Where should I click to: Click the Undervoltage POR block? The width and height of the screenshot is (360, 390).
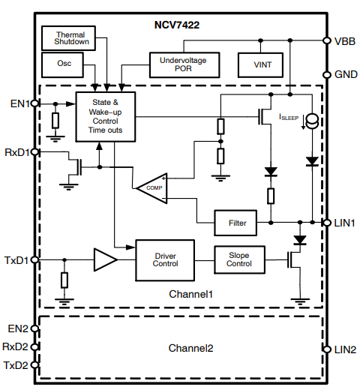click(184, 64)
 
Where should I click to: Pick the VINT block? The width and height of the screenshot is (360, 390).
click(259, 64)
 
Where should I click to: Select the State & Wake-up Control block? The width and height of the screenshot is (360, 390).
click(104, 116)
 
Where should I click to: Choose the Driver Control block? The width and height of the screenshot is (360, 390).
click(164, 259)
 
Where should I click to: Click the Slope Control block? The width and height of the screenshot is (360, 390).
click(238, 259)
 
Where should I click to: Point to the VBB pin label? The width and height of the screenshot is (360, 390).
click(345, 41)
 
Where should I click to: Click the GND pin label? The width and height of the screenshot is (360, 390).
click(345, 74)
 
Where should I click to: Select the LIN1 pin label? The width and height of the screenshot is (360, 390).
click(345, 223)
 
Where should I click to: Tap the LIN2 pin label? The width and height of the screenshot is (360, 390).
click(345, 349)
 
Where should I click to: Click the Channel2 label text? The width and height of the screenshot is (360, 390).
click(190, 349)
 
